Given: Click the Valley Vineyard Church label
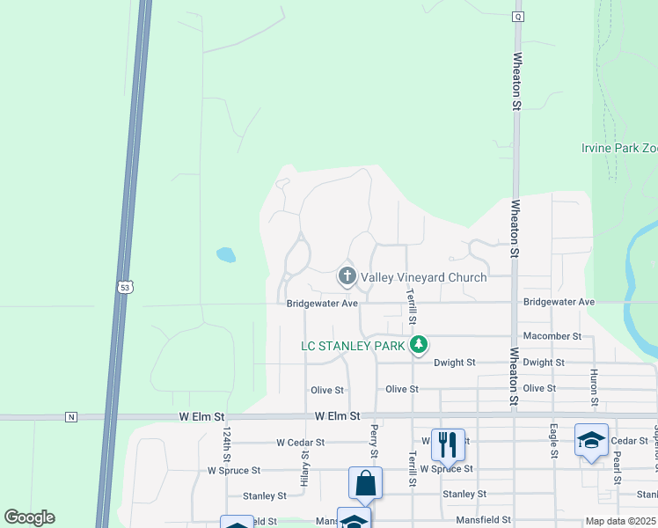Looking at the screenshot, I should pos(423,278).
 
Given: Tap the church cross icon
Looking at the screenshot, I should pos(347,277).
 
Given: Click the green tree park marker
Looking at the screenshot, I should pos(419,344).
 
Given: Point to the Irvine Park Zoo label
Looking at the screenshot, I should pos(619,148).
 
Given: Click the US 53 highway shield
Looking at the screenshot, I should pos(123,286).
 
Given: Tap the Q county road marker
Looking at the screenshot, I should pos(518,17).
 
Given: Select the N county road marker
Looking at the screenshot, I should pos(71,416).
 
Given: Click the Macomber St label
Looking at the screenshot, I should pos(552,336).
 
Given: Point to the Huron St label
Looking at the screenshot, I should pos(595,388).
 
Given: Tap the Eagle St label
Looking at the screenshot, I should pos(554,442).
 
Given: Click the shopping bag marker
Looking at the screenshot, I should pos(365,484).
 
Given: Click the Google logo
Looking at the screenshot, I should pos(30,517).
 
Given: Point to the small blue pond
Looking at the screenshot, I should pos(226,255).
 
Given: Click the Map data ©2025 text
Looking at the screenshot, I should pos(621,521).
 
